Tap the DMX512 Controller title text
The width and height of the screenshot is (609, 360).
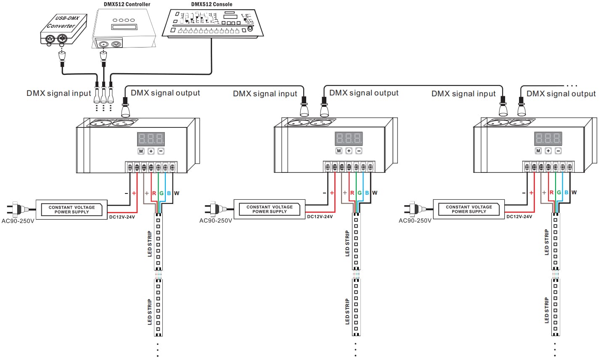127,4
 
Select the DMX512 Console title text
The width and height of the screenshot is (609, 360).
212,4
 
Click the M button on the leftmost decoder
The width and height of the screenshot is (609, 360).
141,151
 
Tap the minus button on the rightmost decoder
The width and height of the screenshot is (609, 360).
558,151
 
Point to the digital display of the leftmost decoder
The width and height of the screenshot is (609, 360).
151,139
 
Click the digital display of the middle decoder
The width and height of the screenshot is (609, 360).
349,138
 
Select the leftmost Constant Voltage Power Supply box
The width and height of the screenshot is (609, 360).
71,209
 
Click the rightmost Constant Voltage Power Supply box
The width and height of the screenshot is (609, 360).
469,209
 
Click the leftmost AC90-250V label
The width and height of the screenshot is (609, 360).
18,221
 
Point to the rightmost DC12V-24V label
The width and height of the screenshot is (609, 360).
519,217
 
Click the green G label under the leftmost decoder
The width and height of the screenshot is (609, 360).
162,193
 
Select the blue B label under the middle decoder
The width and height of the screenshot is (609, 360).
367,193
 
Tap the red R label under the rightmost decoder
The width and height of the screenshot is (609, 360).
551,193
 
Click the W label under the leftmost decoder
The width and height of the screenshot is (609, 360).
177,193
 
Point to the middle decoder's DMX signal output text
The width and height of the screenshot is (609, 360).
364,93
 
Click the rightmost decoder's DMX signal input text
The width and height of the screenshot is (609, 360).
463,94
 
